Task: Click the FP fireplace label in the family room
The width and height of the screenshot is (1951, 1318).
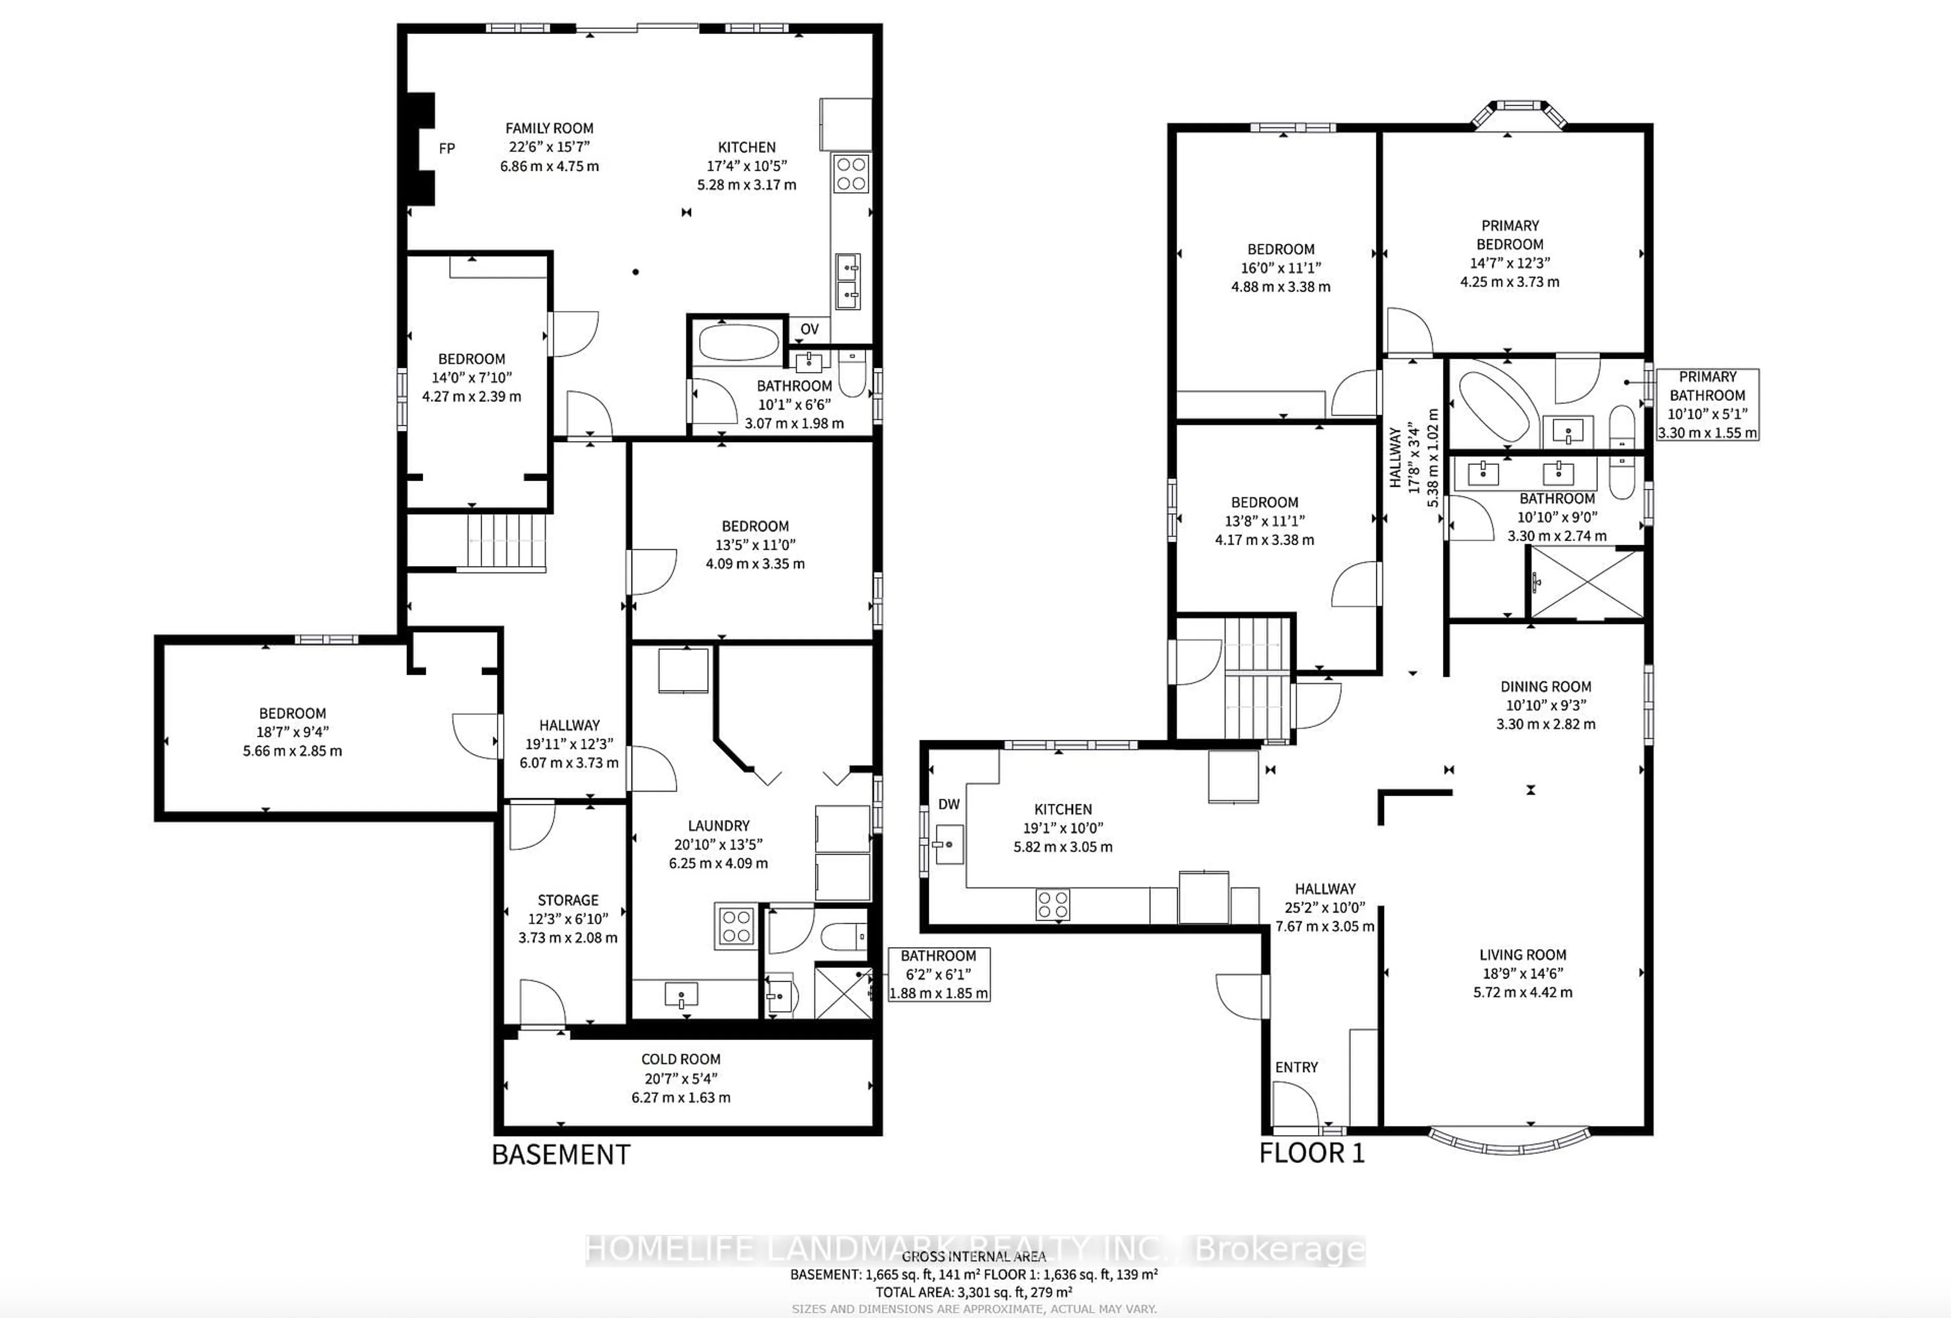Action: click(x=447, y=148)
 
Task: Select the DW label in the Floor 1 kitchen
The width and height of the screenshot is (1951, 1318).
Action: click(x=949, y=804)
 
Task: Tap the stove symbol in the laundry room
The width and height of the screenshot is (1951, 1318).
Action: click(x=735, y=926)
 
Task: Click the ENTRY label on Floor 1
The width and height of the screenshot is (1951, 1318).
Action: click(x=1296, y=1067)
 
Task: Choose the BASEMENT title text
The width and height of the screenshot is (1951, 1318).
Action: click(x=561, y=1155)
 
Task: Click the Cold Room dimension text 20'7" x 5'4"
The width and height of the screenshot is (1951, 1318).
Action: click(x=681, y=1079)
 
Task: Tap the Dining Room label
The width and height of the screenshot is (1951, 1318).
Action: click(x=1546, y=687)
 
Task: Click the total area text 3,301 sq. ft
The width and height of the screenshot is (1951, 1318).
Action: click(x=974, y=1293)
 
